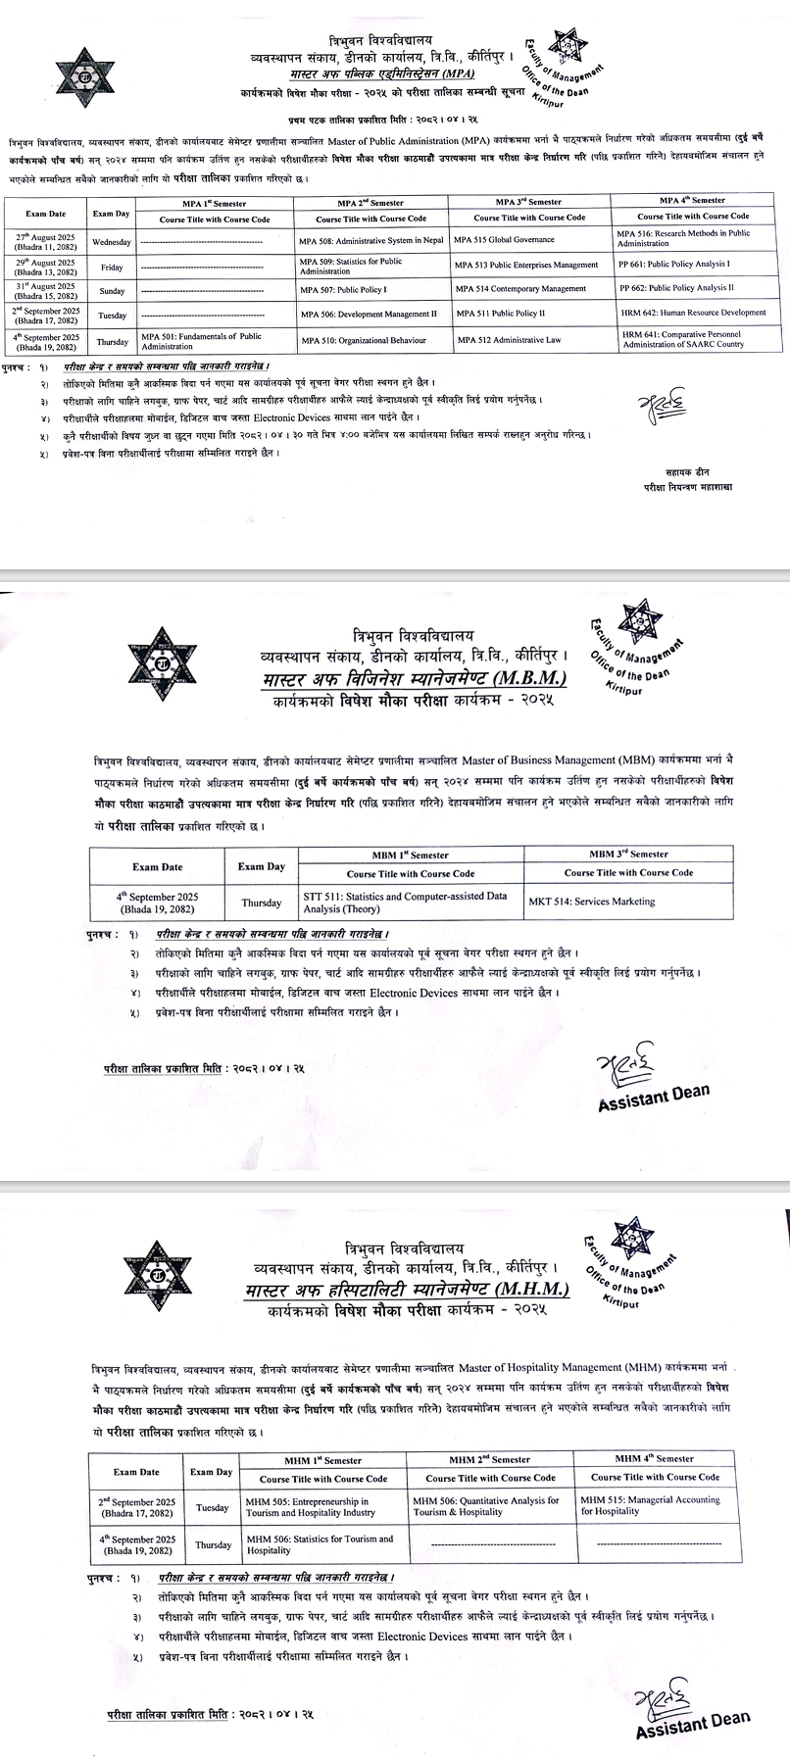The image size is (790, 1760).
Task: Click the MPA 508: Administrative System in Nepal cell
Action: [371, 240]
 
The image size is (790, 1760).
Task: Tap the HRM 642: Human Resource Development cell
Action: [692, 313]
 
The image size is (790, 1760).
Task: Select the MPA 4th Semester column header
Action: [692, 200]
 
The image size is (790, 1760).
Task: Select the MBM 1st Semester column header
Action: [410, 855]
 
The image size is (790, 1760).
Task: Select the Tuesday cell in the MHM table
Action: [212, 1507]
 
